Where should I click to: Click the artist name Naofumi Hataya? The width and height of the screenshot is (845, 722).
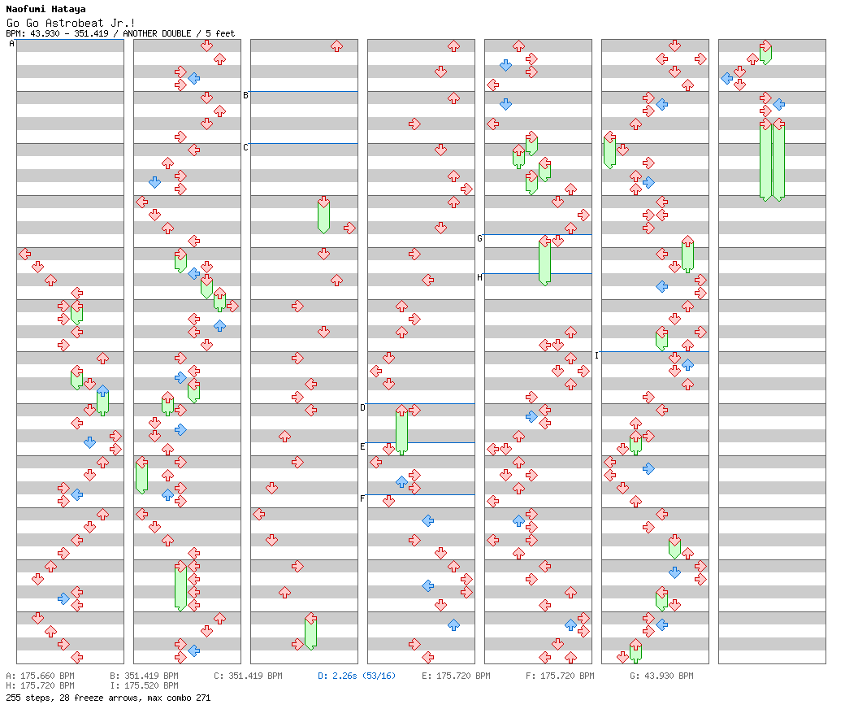pyautogui.click(x=45, y=10)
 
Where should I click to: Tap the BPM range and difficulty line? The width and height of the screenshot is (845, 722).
pyautogui.click(x=119, y=33)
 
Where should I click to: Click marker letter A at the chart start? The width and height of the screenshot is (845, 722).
pyautogui.click(x=11, y=44)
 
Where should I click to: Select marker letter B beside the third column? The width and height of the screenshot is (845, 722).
pyautogui.click(x=245, y=96)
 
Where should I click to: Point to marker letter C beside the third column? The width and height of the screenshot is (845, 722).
pyautogui.click(x=245, y=148)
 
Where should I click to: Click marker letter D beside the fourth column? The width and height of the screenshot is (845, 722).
pyautogui.click(x=362, y=408)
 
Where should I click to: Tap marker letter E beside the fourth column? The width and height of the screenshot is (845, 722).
pyautogui.click(x=362, y=447)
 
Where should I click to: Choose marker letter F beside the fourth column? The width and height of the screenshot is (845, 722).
pyautogui.click(x=362, y=499)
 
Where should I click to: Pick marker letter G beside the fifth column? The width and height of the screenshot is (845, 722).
pyautogui.click(x=479, y=239)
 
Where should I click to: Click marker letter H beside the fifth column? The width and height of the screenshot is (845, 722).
pyautogui.click(x=479, y=278)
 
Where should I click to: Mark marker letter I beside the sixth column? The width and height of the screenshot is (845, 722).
pyautogui.click(x=596, y=356)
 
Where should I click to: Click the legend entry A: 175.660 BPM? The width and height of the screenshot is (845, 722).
pyautogui.click(x=40, y=676)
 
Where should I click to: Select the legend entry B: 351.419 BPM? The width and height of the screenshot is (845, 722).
pyautogui.click(x=144, y=676)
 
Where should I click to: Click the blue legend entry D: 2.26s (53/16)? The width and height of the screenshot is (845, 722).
pyautogui.click(x=357, y=676)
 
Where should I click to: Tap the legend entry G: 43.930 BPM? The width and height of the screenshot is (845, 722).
pyautogui.click(x=661, y=676)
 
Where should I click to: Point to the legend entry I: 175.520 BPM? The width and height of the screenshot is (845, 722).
pyautogui.click(x=144, y=686)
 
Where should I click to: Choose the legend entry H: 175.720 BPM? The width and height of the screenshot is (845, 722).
pyautogui.click(x=40, y=686)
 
